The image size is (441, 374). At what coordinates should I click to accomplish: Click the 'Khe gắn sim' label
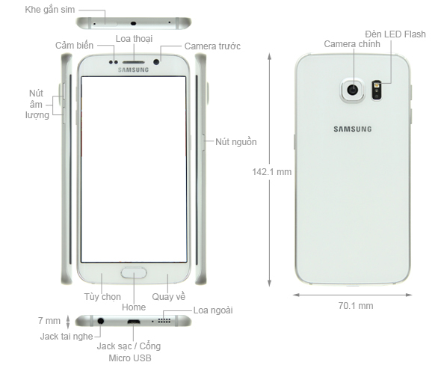tap(50, 10)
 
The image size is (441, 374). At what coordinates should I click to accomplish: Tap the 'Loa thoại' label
tap(134, 39)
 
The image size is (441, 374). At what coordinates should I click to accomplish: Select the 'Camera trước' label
tap(212, 46)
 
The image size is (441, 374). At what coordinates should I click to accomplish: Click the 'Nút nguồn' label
tap(236, 142)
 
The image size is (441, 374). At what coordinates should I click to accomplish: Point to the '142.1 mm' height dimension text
tap(271, 171)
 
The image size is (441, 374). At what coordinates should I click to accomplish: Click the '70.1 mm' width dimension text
tap(356, 306)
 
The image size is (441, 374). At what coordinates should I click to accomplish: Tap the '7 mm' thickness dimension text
tap(49, 321)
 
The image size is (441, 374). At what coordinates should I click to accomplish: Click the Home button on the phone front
tap(134, 273)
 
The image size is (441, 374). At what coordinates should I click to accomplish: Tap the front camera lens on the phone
tap(156, 61)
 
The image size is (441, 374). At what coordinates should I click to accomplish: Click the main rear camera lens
tap(352, 90)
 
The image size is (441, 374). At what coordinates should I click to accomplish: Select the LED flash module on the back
tap(377, 90)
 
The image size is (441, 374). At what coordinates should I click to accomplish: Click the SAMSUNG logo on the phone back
tap(353, 129)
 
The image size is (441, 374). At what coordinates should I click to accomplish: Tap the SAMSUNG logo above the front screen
tap(133, 70)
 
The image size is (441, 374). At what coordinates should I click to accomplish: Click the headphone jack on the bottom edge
tap(100, 321)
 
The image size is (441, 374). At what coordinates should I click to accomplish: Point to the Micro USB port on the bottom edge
tap(134, 322)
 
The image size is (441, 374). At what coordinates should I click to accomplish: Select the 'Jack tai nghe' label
tap(67, 337)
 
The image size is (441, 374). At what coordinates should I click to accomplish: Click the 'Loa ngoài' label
tap(213, 310)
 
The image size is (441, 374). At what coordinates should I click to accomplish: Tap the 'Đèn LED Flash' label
tap(395, 34)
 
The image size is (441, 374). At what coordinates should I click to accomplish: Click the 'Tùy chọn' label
tap(102, 297)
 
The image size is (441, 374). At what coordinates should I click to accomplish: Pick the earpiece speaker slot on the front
tap(133, 62)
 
